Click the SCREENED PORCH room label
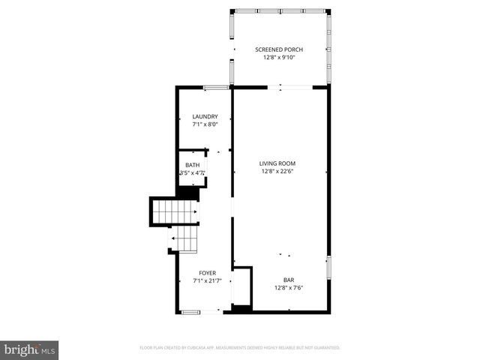(279, 49)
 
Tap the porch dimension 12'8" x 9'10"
(279, 58)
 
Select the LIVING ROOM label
(277, 163)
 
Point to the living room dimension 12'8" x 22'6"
(277, 172)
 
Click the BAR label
(288, 279)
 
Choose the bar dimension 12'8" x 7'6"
(288, 287)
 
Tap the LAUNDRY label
(205, 116)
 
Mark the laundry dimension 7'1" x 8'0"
(205, 124)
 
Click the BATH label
(193, 165)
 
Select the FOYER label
(207, 273)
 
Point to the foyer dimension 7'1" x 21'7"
(207, 281)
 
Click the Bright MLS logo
(30, 349)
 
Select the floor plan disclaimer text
(240, 348)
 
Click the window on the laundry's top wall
(216, 88)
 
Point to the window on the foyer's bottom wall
(190, 311)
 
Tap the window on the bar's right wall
(328, 268)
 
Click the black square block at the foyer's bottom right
(241, 308)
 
